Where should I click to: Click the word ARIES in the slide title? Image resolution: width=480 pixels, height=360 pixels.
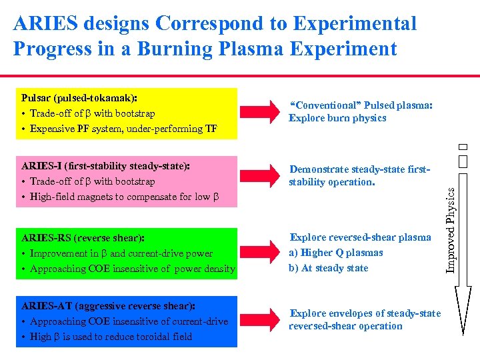point(43,24)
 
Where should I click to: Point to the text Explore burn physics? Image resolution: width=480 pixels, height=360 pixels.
point(337,119)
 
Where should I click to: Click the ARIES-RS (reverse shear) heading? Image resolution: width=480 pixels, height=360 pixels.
point(83,237)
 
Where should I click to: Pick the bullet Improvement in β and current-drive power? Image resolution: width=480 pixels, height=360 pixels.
point(117,253)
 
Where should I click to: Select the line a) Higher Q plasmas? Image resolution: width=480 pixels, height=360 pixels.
point(336,253)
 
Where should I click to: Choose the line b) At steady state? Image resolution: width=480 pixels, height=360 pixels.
point(328,268)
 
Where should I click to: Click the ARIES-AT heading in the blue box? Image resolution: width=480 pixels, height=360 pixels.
point(108,306)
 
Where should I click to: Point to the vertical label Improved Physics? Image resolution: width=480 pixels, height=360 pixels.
point(451,229)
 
